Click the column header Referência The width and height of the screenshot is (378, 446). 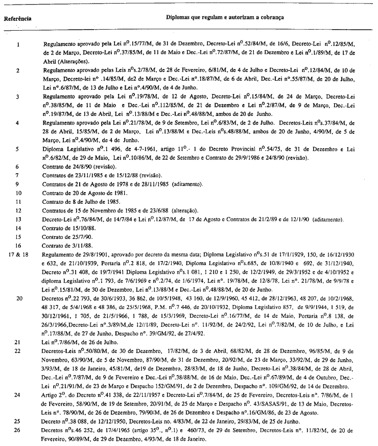pos(17,19)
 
